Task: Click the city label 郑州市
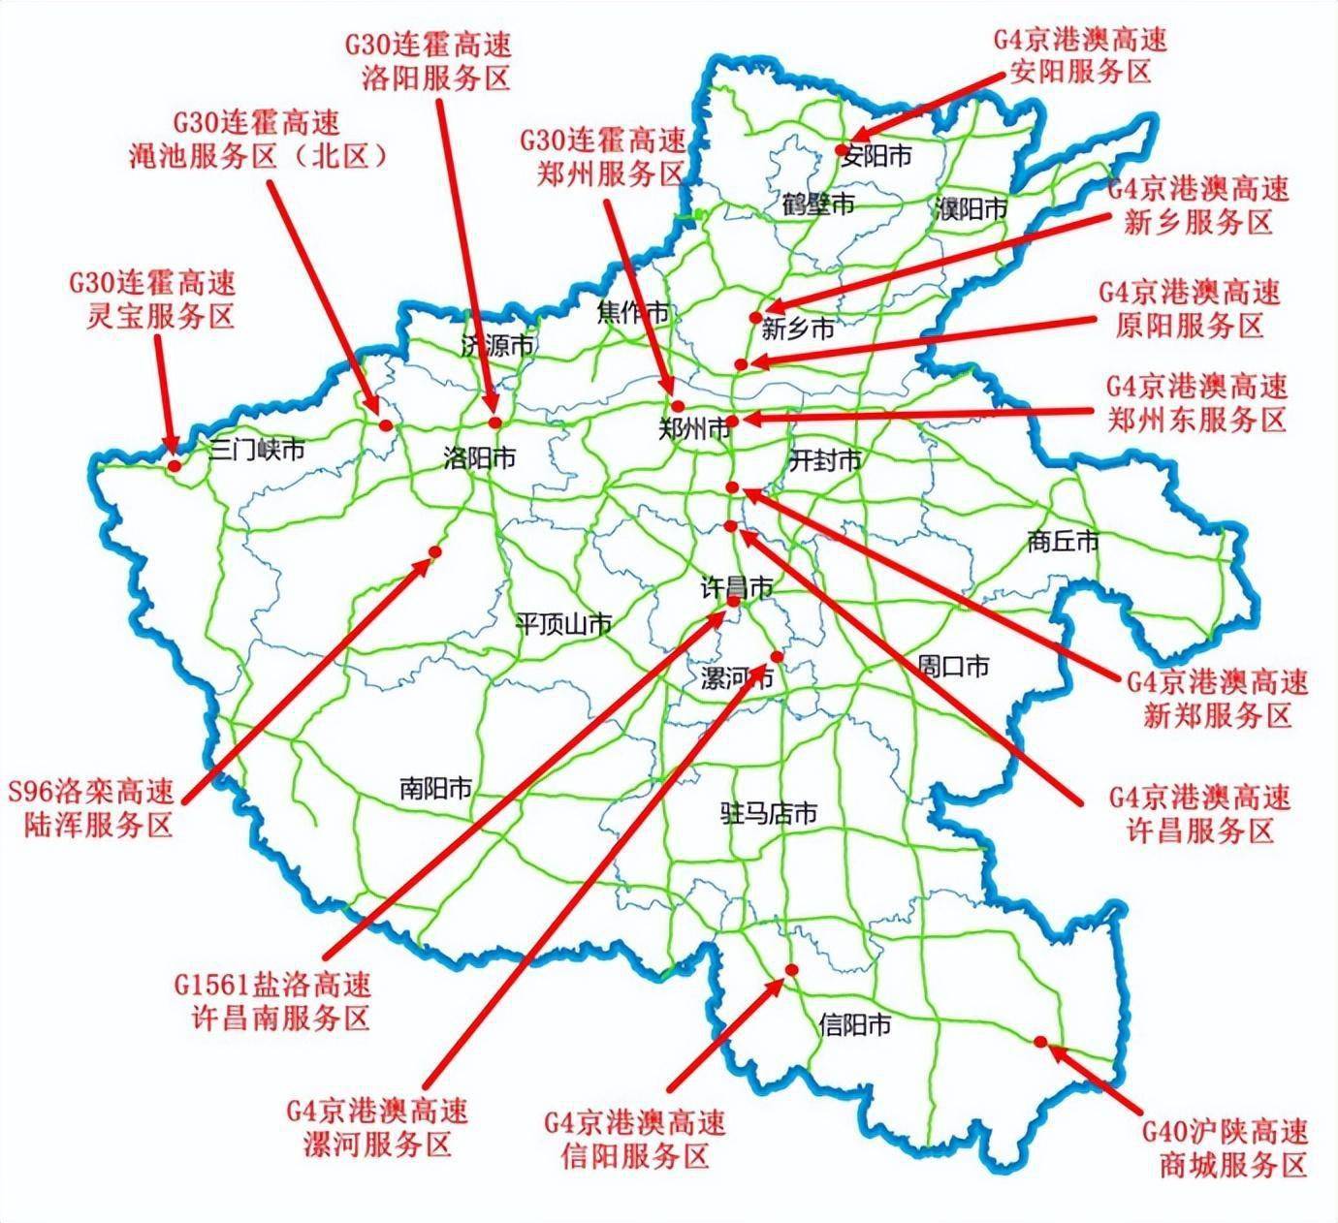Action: pos(693,429)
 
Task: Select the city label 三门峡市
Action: pos(258,450)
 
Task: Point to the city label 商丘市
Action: pos(1064,542)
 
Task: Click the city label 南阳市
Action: pos(435,788)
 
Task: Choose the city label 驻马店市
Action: pos(768,813)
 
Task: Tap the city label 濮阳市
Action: pos(972,208)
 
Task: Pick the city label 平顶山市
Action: pos(563,624)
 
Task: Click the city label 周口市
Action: pos(954,666)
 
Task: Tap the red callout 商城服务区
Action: pos(1224,1147)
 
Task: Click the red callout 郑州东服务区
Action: pos(1196,403)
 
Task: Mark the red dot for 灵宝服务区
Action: pos(175,466)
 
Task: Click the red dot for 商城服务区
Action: pos(1040,1042)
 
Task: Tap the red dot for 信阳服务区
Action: pos(791,970)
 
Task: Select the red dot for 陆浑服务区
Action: pos(434,551)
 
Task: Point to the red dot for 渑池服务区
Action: pos(385,424)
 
